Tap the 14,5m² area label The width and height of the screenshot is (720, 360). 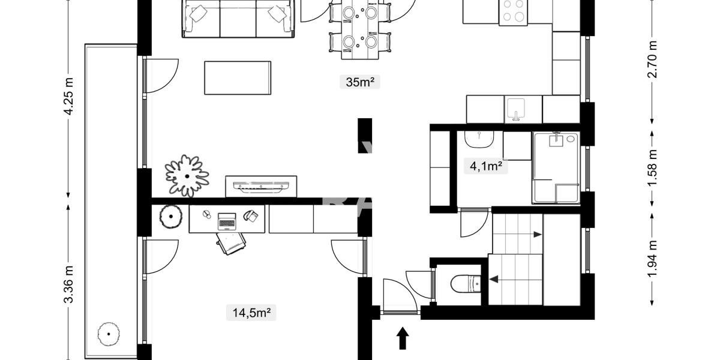click(x=251, y=312)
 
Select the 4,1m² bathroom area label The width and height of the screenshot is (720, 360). click(x=485, y=166)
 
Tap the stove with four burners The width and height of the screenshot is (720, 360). click(x=514, y=11)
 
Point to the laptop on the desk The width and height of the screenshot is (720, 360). click(x=227, y=220)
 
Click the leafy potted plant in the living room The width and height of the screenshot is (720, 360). click(x=187, y=176)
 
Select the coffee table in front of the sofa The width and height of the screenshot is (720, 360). click(x=238, y=77)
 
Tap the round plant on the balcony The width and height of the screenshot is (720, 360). click(x=109, y=334)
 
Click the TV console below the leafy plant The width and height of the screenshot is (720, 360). click(x=261, y=186)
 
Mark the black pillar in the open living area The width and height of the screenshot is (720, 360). click(x=365, y=135)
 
